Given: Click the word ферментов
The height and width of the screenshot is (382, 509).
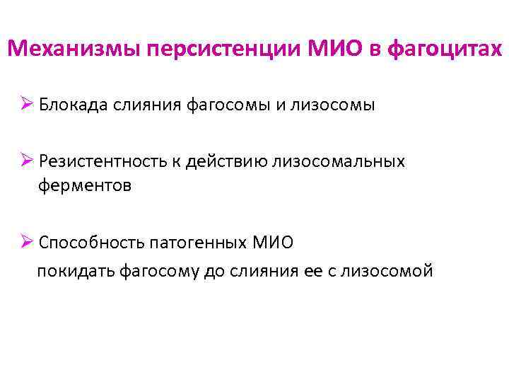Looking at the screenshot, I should click(x=85, y=186).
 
